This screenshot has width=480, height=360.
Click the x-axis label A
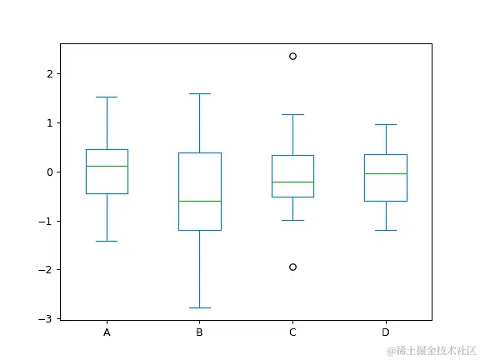pos(107,332)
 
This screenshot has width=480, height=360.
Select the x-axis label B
pos(199,332)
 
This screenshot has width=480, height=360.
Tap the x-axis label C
pos(292,332)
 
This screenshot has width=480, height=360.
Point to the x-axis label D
pos(386,332)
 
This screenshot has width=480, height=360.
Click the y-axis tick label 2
pos(49,74)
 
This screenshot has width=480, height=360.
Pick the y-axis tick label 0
pos(49,172)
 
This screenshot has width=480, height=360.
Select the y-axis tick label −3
pos(47,319)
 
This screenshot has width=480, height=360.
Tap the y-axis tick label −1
pos(47,222)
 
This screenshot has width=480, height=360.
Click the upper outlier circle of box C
pos(292,57)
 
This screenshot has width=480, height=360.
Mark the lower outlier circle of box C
pos(292,267)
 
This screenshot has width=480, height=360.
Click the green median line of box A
pos(107,166)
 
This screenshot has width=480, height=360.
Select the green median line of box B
pos(199,201)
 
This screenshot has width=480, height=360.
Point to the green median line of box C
pos(292,182)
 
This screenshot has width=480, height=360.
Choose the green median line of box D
pos(386,173)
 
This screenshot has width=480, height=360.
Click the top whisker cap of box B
pos(199,93)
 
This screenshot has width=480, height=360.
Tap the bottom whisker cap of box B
pos(199,308)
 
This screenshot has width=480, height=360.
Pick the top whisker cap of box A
pos(107,97)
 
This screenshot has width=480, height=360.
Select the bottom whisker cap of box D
pos(386,230)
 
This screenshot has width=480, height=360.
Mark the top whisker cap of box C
pos(292,114)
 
